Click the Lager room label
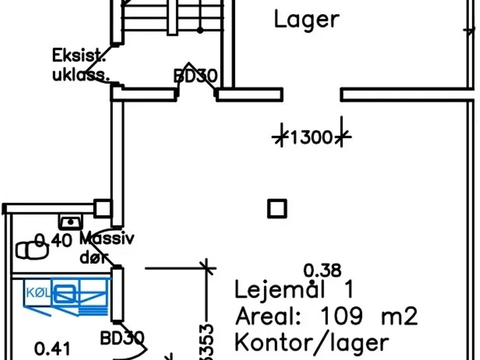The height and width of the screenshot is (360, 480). point(306,20)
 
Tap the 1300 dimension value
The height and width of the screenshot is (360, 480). point(311,137)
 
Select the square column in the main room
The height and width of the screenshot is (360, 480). point(277,208)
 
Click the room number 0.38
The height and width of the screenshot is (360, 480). point(322,270)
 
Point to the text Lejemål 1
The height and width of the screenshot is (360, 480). point(294,290)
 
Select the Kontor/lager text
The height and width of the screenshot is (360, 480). point(312,342)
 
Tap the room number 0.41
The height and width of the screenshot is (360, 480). point(52,349)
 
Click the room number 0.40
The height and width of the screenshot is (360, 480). point(53,240)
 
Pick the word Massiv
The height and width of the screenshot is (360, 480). point(106,238)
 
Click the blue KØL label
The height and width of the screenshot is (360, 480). point(38,292)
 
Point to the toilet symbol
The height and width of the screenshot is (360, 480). point(32,250)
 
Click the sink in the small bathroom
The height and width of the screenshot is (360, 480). point(70,222)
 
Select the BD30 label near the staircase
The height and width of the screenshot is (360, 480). point(195,76)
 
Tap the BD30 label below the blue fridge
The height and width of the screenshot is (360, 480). point(122,338)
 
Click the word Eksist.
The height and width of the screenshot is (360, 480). point(78,56)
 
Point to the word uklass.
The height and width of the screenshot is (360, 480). point(80,75)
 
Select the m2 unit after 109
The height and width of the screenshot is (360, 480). point(399,316)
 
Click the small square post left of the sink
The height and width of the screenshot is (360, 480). point(102,208)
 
